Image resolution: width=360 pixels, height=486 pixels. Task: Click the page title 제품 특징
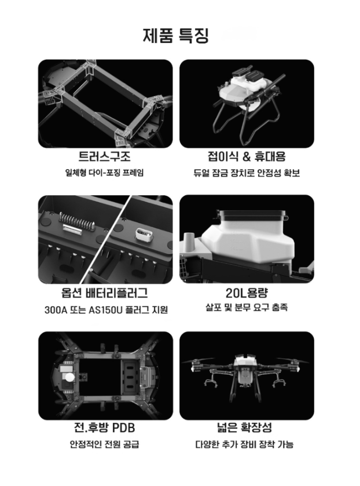176,35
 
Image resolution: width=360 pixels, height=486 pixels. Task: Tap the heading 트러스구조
104,156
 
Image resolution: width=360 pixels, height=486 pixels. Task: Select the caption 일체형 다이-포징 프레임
104,173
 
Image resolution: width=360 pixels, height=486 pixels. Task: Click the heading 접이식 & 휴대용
247,156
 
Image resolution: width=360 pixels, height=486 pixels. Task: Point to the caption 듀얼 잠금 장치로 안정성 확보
247,173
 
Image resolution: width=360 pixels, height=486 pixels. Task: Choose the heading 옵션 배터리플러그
104,293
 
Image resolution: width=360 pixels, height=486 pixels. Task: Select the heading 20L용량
247,293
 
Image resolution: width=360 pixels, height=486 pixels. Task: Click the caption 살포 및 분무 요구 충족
247,308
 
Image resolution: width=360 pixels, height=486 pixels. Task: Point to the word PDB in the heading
123,427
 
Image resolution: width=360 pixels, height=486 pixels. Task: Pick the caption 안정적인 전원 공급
104,444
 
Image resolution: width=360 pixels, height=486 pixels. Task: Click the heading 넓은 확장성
244,427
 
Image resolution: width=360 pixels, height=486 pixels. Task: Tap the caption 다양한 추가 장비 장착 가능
244,444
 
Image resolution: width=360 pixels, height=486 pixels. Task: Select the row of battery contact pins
75,220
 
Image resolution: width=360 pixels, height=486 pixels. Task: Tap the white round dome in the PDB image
68,377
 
